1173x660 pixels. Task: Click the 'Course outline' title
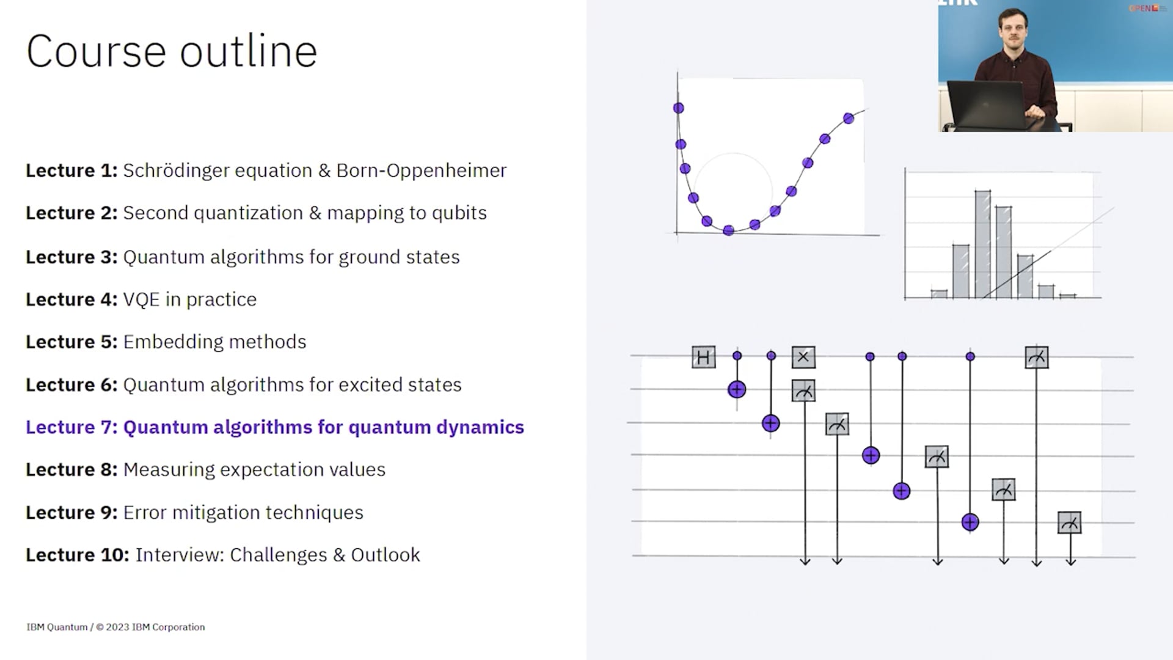point(172,51)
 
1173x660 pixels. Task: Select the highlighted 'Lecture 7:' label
point(71,427)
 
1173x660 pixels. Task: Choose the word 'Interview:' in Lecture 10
point(180,555)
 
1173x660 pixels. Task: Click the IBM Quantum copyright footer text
point(115,627)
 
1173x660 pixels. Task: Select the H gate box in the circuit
point(703,357)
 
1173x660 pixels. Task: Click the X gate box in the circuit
point(803,357)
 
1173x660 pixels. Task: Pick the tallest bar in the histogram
point(982,244)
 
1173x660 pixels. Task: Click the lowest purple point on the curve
point(728,230)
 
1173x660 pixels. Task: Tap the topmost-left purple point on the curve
point(678,108)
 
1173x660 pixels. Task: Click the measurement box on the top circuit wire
point(1037,358)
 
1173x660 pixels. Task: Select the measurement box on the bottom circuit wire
point(1070,523)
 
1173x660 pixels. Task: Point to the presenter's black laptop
point(985,104)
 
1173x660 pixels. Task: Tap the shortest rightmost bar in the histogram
point(1068,296)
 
